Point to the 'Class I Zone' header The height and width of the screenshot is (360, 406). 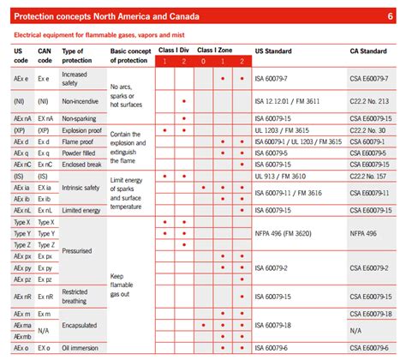click(214, 51)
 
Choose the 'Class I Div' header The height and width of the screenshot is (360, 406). click(173, 51)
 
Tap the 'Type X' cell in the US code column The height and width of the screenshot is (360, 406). click(23, 221)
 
